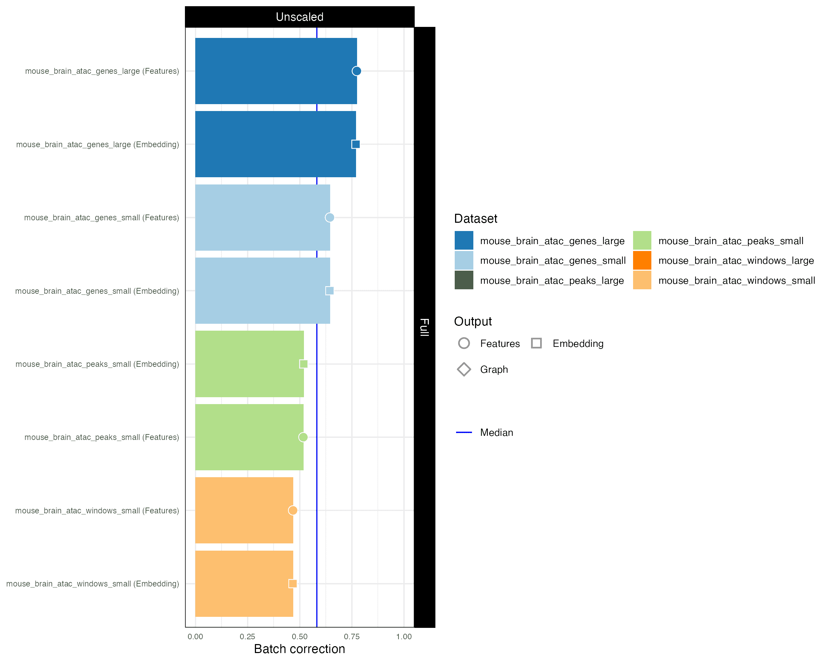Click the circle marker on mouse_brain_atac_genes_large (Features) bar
coord(356,71)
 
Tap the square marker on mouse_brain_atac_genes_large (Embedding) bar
coord(356,144)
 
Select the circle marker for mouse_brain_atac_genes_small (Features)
coord(329,218)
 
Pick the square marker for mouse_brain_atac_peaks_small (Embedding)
coord(303,364)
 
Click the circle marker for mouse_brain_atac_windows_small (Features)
coord(293,510)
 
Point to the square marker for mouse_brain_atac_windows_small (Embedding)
coord(293,584)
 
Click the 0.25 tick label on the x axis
coord(247,637)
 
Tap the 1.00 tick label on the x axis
coord(404,637)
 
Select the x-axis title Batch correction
coord(299,649)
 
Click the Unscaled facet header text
coord(299,17)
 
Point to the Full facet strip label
coord(424,327)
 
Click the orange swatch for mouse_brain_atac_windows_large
coord(642,261)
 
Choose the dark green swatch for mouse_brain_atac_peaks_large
coord(464,281)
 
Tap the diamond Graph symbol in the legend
coord(464,369)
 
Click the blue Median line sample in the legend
coord(464,432)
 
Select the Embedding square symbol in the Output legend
coord(536,343)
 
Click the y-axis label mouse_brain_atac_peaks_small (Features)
coord(102,437)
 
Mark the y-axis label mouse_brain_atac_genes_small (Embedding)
coord(97,291)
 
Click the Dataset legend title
coord(475,219)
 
